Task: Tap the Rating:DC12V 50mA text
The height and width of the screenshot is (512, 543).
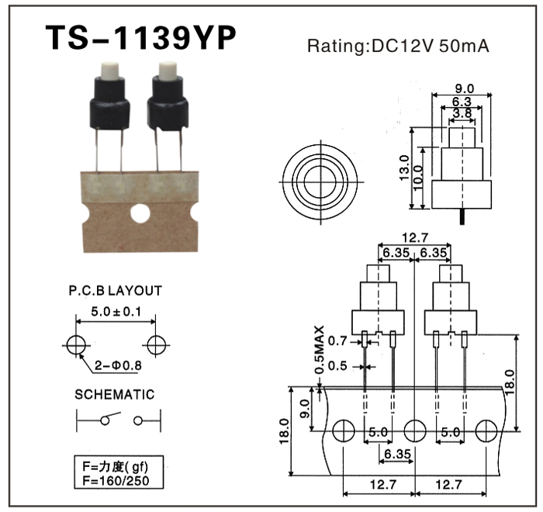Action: tap(398, 45)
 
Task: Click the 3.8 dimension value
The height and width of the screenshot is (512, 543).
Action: tap(462, 113)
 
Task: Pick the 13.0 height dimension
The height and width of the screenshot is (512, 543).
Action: tap(404, 168)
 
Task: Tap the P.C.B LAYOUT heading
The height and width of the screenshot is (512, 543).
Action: tap(114, 291)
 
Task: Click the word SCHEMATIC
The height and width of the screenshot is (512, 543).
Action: tap(114, 394)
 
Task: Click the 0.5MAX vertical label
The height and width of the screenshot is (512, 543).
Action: tap(319, 351)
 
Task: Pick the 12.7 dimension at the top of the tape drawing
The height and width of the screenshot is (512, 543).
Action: tap(415, 238)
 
